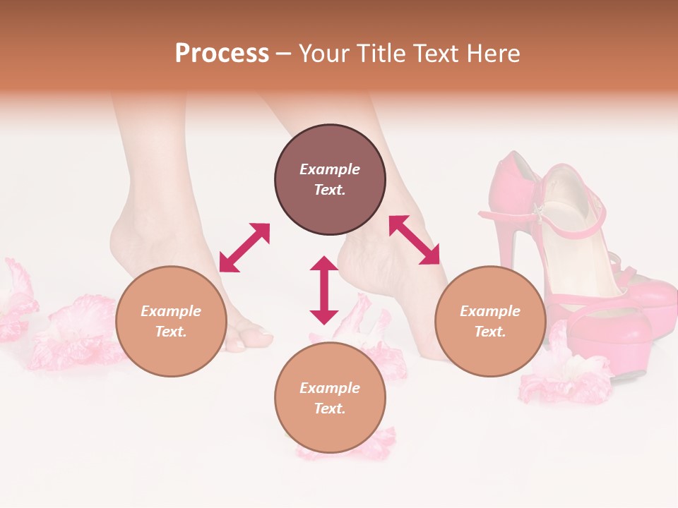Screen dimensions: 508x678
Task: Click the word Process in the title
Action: pyautogui.click(x=222, y=54)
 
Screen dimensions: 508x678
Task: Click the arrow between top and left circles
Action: pyautogui.click(x=244, y=248)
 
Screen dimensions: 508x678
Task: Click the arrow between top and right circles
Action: pyautogui.click(x=414, y=240)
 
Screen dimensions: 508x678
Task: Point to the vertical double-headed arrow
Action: pyautogui.click(x=324, y=290)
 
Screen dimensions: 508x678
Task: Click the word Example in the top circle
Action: pyautogui.click(x=330, y=169)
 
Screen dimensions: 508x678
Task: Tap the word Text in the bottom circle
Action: pyautogui.click(x=330, y=409)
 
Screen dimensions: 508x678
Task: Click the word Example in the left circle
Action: pyautogui.click(x=171, y=311)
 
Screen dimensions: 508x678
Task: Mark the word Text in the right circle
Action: pyautogui.click(x=490, y=332)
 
